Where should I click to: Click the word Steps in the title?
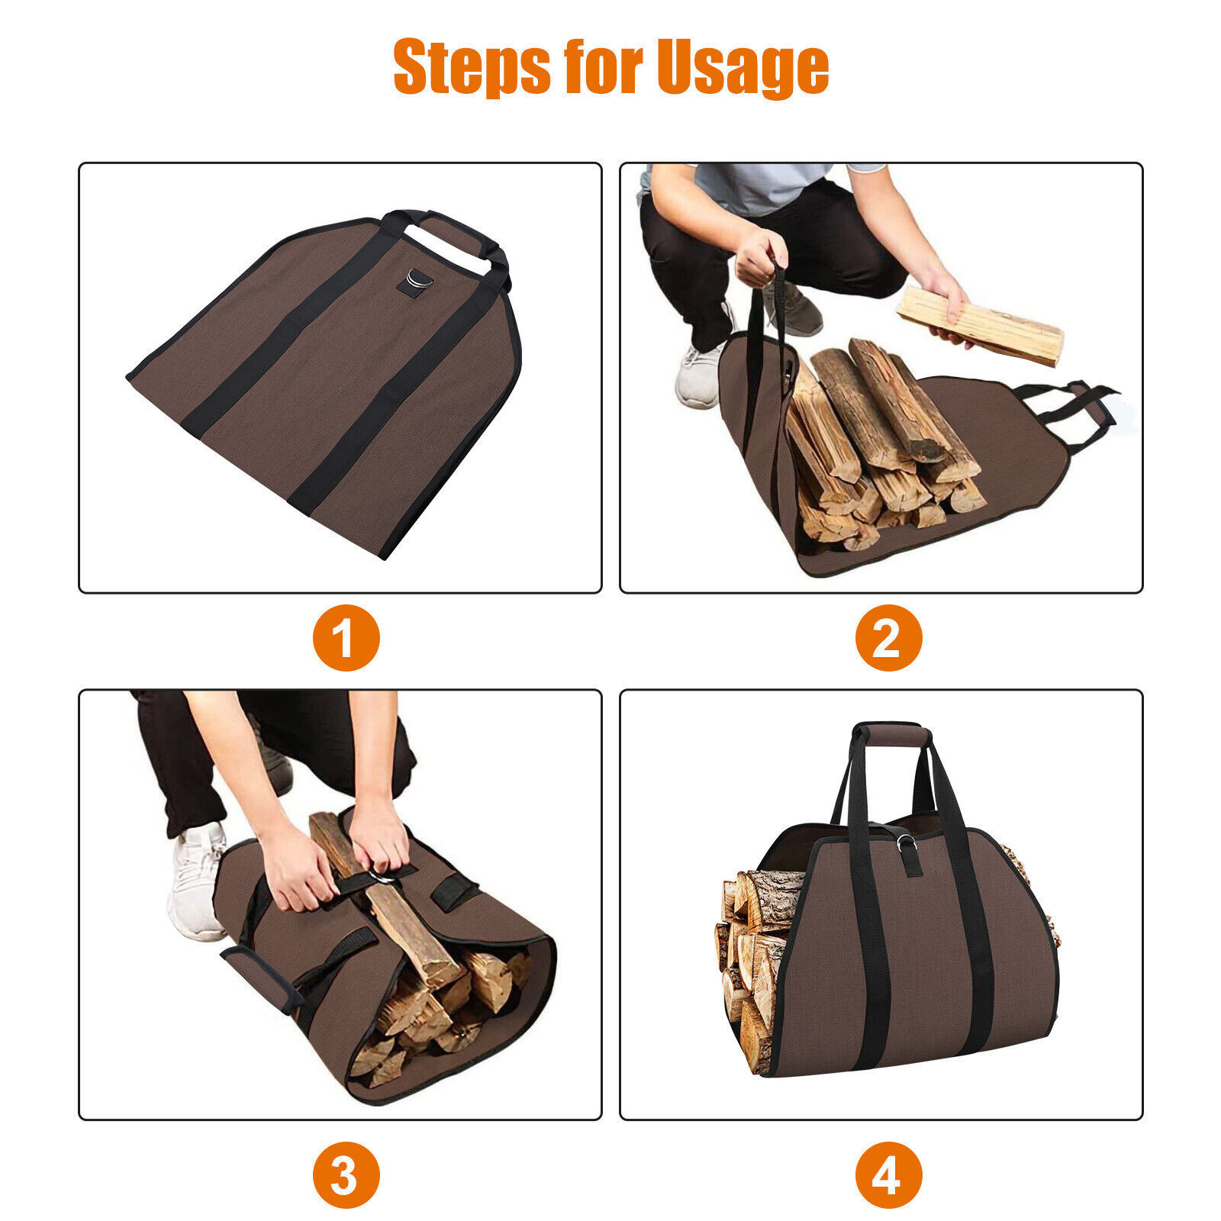[x=471, y=67]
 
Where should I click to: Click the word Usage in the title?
[x=743, y=67]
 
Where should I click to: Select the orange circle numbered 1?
[x=346, y=637]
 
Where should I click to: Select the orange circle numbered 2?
[x=888, y=637]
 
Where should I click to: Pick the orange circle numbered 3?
[x=346, y=1174]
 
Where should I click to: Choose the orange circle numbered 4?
[x=888, y=1174]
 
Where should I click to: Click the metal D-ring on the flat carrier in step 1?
[x=418, y=279]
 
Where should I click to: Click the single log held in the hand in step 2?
[x=980, y=325]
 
